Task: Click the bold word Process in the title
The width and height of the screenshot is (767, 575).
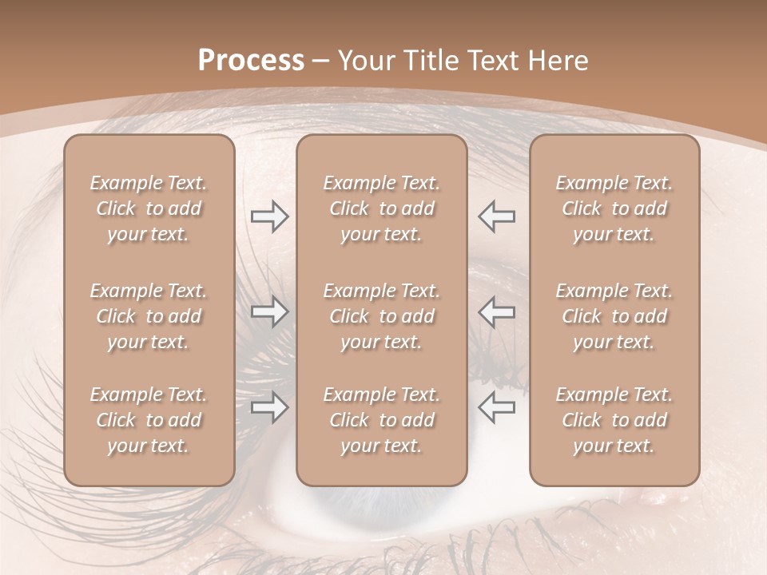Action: [x=251, y=60]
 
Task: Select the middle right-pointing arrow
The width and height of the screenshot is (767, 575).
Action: [x=269, y=311]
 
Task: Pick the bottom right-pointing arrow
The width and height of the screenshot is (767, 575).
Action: [x=269, y=408]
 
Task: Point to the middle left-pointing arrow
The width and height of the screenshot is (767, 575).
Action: [x=496, y=311]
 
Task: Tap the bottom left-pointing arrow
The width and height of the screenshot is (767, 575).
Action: [x=496, y=408]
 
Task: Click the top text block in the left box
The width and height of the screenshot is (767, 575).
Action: [x=149, y=208]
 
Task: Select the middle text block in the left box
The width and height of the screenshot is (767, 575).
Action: [x=149, y=316]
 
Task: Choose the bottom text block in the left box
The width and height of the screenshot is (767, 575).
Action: [x=149, y=420]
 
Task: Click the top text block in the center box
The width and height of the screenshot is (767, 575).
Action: [x=382, y=208]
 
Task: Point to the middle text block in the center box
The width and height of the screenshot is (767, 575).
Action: [x=382, y=316]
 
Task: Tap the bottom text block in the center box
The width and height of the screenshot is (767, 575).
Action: [x=382, y=420]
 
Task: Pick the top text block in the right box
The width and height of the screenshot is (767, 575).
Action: [x=614, y=208]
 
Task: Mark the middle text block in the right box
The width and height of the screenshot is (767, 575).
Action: [x=614, y=316]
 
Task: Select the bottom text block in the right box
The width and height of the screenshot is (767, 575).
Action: [x=614, y=420]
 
